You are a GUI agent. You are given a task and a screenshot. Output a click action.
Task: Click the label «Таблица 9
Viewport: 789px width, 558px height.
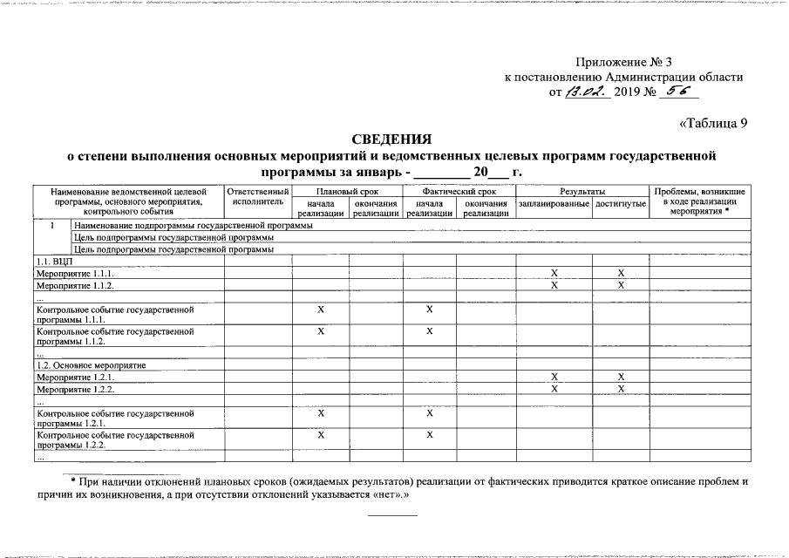click(712, 123)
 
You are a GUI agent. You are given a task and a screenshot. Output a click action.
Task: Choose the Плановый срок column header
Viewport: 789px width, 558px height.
click(347, 191)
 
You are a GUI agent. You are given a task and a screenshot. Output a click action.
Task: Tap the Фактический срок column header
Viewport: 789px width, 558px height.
click(459, 191)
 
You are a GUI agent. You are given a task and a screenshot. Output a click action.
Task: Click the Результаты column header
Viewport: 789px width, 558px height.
click(582, 191)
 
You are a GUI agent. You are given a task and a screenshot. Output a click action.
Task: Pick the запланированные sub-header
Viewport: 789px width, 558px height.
click(554, 204)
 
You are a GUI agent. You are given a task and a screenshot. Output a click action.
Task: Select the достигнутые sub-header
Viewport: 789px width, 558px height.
click(621, 204)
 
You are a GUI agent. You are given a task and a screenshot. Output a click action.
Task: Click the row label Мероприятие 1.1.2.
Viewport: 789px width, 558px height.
click(75, 285)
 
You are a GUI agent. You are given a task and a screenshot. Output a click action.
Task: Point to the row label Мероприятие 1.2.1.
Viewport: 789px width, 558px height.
click(75, 378)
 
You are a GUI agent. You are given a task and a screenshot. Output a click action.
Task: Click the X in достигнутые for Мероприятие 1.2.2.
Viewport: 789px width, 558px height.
click(621, 389)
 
